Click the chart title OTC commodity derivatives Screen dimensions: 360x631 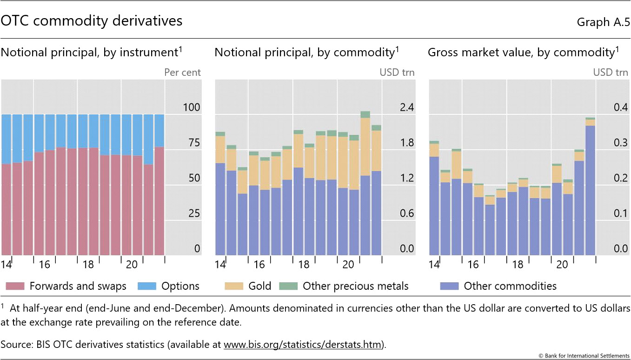92,21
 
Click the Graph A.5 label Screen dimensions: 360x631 602,22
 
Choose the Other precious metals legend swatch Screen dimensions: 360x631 287,286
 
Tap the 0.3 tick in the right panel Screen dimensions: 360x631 620,143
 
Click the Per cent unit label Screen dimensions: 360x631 182,73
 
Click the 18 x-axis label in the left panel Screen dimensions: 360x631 88,265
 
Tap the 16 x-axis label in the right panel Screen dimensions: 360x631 473,265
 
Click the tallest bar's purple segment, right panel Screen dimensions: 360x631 590,191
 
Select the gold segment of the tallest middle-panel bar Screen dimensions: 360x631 365,147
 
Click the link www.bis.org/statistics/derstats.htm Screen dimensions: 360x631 303,345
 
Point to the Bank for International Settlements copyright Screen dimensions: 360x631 584,355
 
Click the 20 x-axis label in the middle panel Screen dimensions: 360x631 348,265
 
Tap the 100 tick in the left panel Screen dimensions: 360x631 191,107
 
